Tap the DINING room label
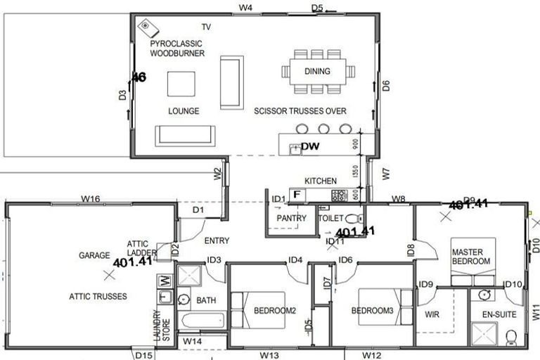(x=317, y=71)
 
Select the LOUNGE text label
(x=184, y=111)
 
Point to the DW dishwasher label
(x=310, y=147)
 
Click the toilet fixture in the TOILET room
(x=353, y=218)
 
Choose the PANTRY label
(x=291, y=219)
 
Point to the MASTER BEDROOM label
(x=470, y=257)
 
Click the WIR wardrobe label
(x=432, y=315)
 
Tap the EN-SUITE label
(x=499, y=315)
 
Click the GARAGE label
(x=93, y=256)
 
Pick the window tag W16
(x=89, y=200)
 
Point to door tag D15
(x=143, y=355)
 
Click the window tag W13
(x=269, y=355)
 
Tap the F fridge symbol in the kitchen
(x=297, y=193)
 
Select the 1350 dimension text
(x=356, y=171)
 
